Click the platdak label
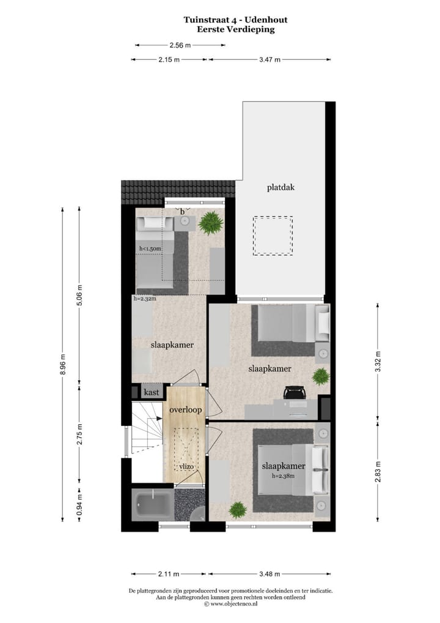[280, 187]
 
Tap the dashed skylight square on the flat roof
[273, 236]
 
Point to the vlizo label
[187, 467]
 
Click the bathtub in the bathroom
[152, 504]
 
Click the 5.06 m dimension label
[79, 296]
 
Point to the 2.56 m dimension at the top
[180, 45]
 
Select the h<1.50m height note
[150, 248]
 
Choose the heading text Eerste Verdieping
[235, 29]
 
